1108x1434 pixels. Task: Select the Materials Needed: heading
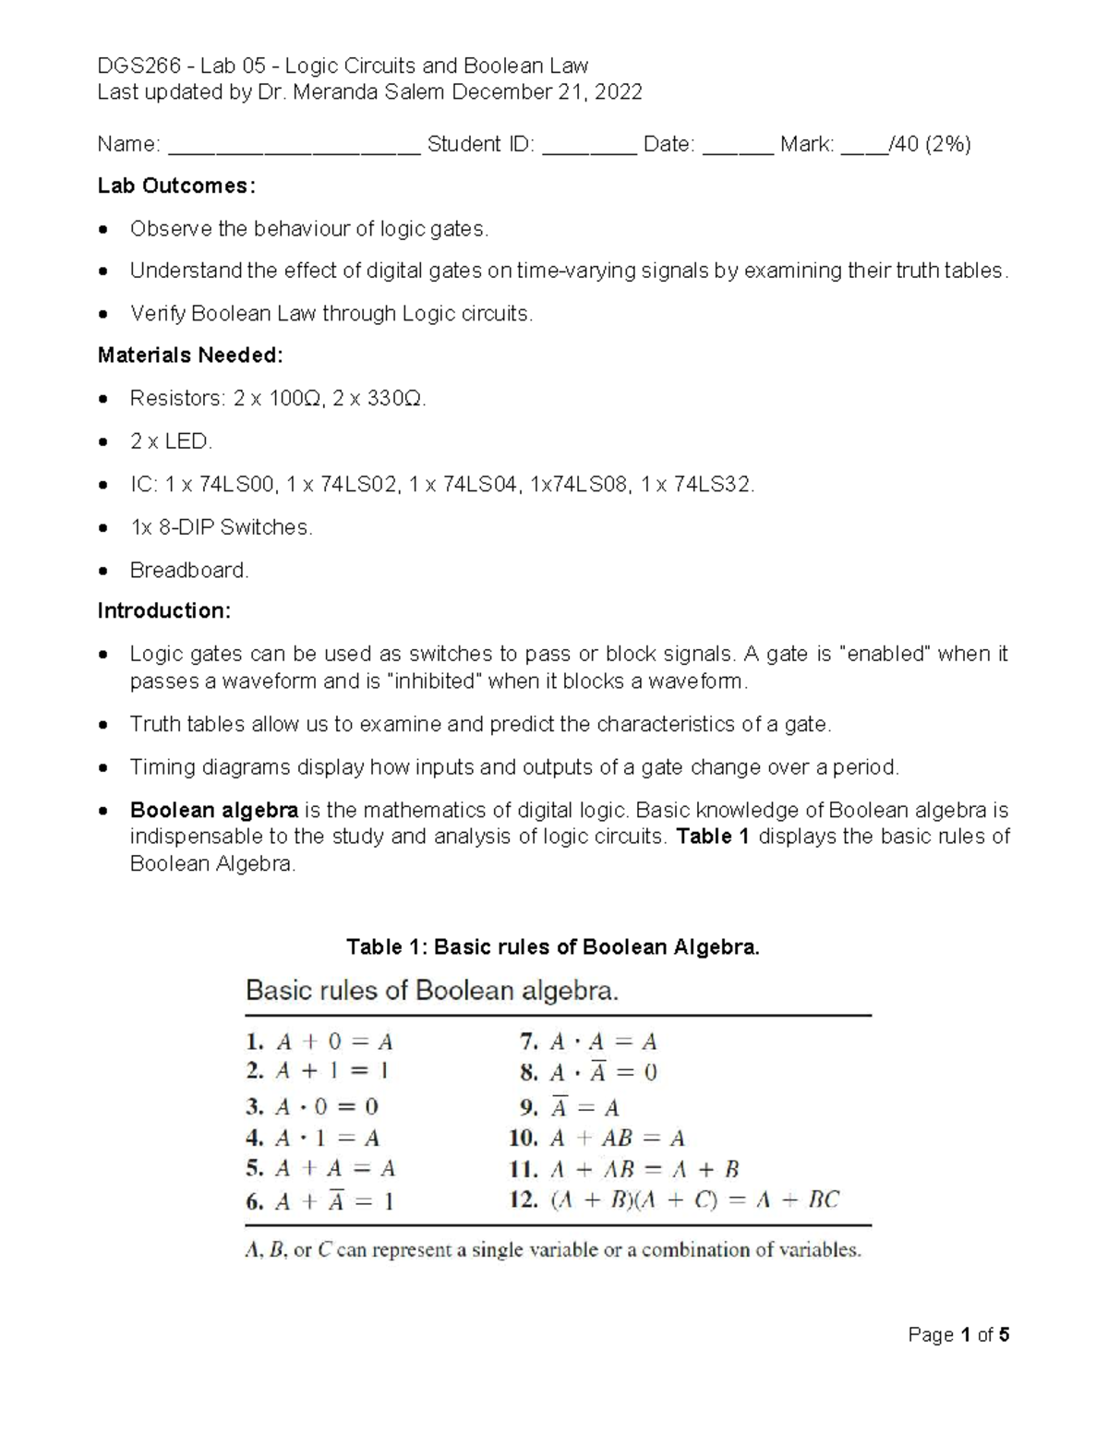coord(190,355)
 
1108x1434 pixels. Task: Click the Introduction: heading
coord(164,610)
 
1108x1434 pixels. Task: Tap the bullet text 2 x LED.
coord(171,441)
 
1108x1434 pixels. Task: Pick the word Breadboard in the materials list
coord(188,570)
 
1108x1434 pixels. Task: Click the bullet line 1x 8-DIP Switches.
coord(221,527)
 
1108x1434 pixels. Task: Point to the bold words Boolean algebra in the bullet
coord(213,810)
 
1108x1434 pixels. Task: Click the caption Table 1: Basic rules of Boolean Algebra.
coord(552,946)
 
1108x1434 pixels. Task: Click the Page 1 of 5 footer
coord(958,1334)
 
